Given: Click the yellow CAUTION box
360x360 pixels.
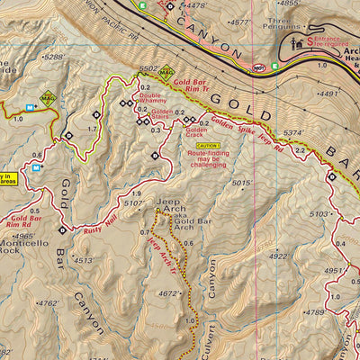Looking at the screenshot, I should tap(207, 145).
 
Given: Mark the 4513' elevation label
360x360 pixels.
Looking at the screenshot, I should tap(85, 261).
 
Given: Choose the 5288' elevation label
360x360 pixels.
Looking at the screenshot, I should tap(54, 57).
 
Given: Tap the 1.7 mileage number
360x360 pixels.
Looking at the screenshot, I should tap(91, 130).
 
